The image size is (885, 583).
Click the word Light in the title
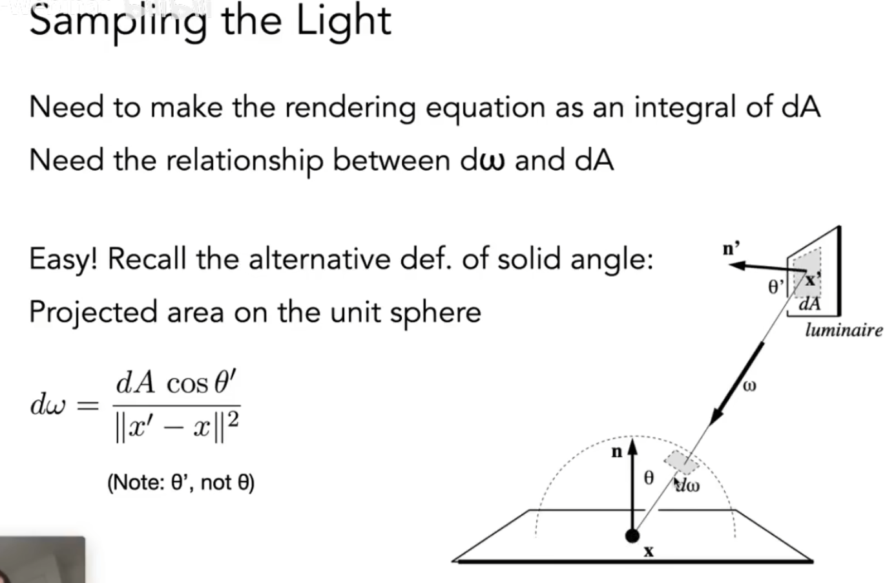click(344, 21)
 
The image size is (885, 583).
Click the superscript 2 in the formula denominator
click(233, 420)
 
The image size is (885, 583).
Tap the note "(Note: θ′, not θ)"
click(181, 482)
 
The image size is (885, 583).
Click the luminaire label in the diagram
click(843, 330)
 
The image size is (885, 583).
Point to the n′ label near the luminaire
click(731, 248)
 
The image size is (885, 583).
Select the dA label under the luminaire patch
click(809, 304)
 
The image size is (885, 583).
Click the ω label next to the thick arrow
click(749, 387)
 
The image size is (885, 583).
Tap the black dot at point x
click(632, 536)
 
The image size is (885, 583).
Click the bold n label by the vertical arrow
click(617, 452)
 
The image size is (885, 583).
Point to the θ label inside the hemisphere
click(649, 478)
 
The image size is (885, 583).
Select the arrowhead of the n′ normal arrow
click(738, 265)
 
